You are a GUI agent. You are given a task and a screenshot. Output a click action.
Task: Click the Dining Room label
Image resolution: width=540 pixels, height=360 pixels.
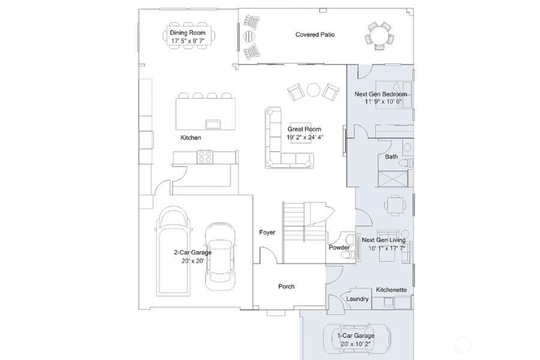(x=187, y=33)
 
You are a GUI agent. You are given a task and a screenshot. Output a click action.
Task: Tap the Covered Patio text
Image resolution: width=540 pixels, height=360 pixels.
(x=315, y=35)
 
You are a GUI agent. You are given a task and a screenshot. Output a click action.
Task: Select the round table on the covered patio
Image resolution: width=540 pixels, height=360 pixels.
(x=379, y=36)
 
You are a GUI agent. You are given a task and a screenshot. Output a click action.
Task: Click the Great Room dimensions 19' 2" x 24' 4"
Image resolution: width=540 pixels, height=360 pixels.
(x=304, y=137)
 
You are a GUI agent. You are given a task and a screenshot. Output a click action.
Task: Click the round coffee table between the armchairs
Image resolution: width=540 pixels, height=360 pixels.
(x=313, y=90)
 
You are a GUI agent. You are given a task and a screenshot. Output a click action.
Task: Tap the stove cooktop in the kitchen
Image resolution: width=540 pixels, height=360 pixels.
(x=205, y=157)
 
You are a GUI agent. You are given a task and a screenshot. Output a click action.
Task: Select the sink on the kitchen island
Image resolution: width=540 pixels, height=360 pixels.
(x=212, y=124)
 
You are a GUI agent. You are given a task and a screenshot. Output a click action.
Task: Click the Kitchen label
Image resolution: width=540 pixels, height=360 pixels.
(x=191, y=138)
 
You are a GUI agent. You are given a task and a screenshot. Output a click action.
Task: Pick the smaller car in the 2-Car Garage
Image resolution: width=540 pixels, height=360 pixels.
(x=220, y=252)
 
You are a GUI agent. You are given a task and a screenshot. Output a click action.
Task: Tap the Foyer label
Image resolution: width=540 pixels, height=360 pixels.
(x=267, y=232)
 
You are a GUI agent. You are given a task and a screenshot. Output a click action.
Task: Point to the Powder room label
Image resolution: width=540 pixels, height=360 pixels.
(x=339, y=248)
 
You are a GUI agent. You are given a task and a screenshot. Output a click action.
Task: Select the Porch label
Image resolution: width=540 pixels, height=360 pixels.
(x=286, y=287)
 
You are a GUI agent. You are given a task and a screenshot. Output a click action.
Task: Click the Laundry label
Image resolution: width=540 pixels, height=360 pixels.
(x=358, y=299)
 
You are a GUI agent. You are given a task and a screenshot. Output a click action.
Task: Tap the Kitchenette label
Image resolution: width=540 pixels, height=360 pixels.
(x=391, y=290)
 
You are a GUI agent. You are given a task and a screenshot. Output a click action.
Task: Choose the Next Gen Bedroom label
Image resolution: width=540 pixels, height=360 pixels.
(x=381, y=94)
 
